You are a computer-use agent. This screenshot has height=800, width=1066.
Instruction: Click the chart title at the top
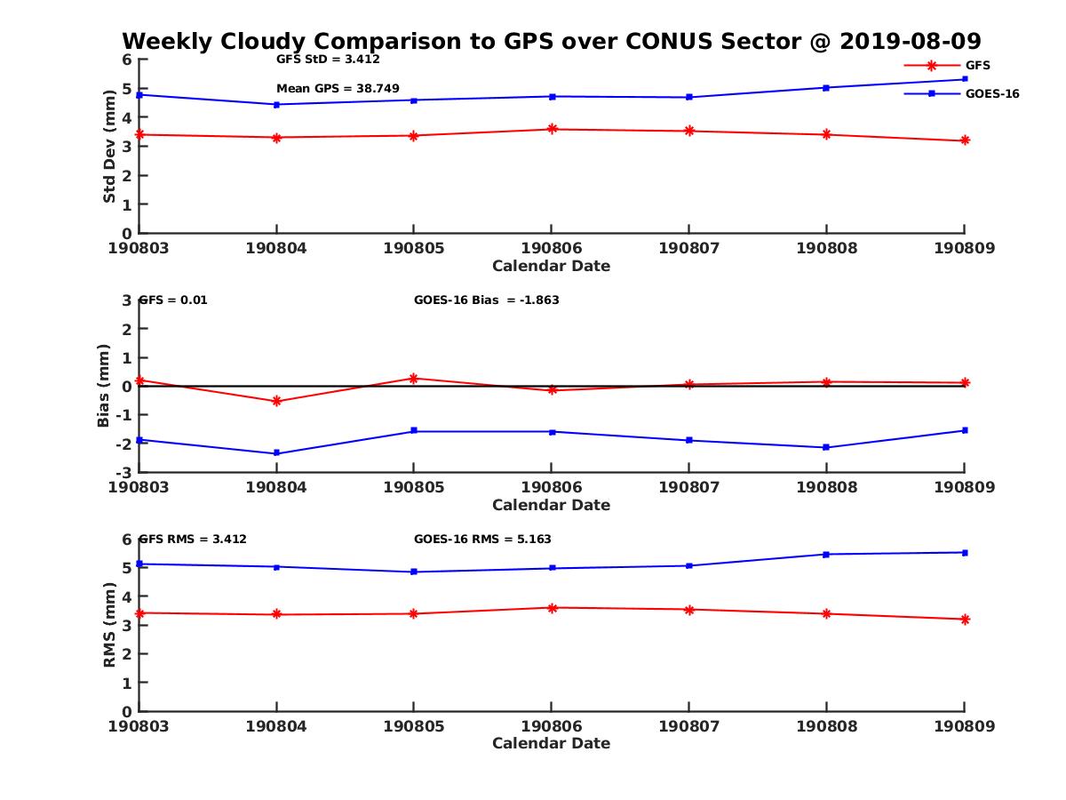pos(552,42)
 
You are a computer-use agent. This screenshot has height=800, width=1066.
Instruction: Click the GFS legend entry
pos(977,65)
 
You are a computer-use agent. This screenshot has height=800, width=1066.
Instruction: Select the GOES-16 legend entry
pos(991,93)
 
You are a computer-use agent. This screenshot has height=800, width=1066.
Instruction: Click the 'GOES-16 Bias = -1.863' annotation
pos(487,300)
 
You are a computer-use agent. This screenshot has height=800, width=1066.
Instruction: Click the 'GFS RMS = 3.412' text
pos(193,540)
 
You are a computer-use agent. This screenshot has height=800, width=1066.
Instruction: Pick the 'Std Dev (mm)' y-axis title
pos(109,147)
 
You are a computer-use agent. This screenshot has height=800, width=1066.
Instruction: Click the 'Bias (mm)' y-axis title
pos(104,386)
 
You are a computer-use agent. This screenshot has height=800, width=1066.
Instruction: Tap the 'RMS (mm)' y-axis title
pos(109,625)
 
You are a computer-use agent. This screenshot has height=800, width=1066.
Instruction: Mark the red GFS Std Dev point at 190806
pos(552,129)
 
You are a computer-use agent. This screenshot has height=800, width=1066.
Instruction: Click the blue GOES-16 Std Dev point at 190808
pos(826,88)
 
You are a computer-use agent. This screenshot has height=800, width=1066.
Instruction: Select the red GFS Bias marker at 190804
pos(276,401)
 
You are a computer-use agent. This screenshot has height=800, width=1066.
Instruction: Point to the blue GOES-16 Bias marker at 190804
pos(276,453)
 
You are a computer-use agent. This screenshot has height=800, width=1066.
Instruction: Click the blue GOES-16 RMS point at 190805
pos(414,572)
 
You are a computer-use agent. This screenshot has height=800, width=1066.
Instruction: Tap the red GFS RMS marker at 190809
pos(965,619)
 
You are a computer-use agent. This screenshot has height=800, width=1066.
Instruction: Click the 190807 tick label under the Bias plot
pos(688,487)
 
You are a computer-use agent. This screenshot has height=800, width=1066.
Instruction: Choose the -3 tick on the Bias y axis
pos(127,471)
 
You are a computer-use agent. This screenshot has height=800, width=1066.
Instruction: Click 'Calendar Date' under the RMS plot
pos(552,743)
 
